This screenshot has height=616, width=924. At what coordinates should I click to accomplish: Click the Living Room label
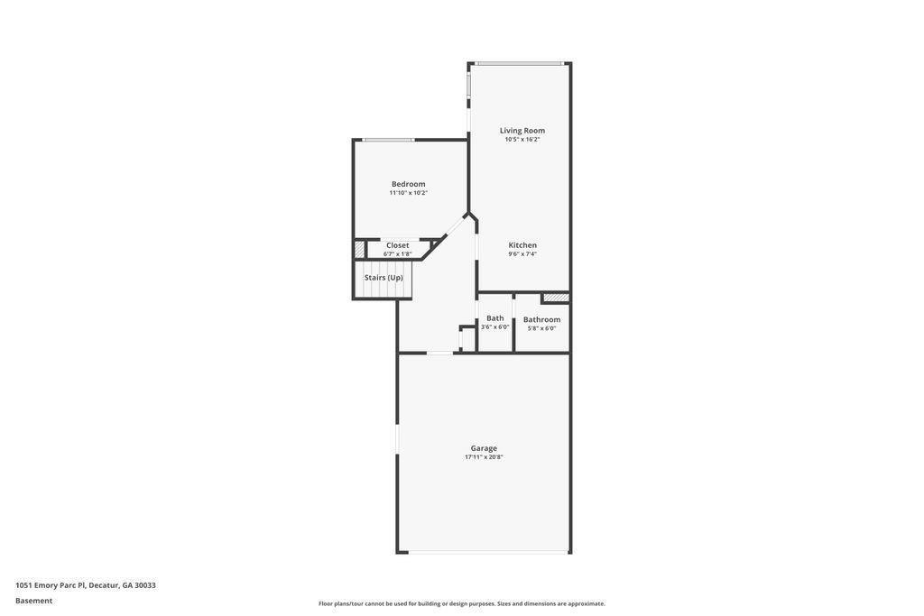click(522, 131)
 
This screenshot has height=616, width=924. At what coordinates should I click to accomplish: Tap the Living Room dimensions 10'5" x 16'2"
click(522, 140)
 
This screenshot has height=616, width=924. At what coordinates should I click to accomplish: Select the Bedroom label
click(408, 184)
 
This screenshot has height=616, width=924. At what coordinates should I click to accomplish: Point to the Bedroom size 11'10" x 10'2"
click(408, 193)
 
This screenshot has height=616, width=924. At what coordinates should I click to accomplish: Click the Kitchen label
click(522, 245)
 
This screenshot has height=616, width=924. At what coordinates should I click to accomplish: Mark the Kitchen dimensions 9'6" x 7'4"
click(522, 254)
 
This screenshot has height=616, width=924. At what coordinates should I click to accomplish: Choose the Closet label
click(398, 245)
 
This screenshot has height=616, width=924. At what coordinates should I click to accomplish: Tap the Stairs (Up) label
click(383, 278)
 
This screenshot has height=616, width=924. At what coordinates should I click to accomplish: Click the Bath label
click(495, 318)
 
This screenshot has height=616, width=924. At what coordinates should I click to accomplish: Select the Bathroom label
click(541, 319)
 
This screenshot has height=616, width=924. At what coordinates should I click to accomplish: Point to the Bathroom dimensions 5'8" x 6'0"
click(541, 328)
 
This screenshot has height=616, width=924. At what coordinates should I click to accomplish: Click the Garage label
click(484, 448)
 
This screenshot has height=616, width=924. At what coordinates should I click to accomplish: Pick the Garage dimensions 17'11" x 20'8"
click(484, 457)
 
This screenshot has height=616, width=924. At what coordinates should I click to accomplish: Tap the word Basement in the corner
click(34, 601)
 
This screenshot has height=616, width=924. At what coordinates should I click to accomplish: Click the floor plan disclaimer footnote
click(462, 604)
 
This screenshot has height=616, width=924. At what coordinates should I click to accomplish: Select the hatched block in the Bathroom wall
click(556, 298)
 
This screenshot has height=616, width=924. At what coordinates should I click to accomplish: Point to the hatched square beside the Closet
click(359, 249)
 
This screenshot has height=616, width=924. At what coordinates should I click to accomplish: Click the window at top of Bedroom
click(389, 140)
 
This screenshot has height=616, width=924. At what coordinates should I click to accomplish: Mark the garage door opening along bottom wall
click(489, 552)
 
